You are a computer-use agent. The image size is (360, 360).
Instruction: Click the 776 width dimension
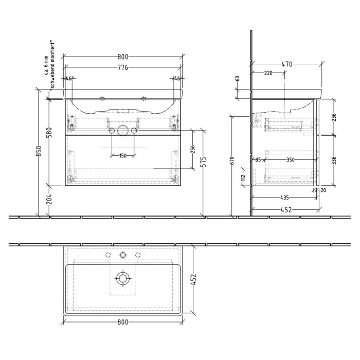click(122, 67)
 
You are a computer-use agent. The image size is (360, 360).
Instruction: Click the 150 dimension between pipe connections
click(122, 156)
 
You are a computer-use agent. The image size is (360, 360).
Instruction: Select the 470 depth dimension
click(286, 64)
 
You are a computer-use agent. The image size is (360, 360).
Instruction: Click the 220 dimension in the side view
click(268, 74)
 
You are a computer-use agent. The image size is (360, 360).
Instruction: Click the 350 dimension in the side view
click(291, 160)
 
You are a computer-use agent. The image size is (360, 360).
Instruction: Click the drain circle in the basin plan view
click(122, 278)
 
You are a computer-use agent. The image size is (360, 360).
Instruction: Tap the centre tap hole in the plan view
click(123, 255)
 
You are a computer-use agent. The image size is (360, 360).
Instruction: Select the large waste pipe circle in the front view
click(122, 130)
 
